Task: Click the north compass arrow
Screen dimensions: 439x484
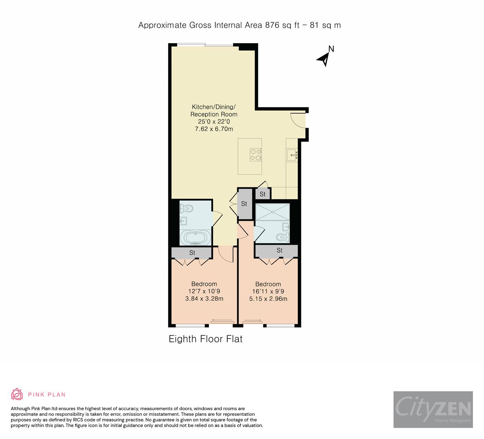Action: (324, 59)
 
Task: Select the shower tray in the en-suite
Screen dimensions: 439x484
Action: (272, 212)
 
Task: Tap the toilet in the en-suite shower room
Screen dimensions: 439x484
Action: (282, 237)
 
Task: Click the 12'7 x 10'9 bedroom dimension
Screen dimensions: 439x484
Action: (204, 291)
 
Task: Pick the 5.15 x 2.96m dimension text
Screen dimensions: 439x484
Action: (268, 299)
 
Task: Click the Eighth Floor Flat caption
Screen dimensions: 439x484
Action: (206, 339)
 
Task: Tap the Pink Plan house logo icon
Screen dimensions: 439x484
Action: (17, 394)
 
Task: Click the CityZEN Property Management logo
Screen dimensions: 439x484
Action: (433, 409)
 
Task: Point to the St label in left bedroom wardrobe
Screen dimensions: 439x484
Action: (192, 253)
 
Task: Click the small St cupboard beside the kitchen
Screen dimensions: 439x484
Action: (263, 194)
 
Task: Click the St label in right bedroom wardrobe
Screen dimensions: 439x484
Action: (280, 250)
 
